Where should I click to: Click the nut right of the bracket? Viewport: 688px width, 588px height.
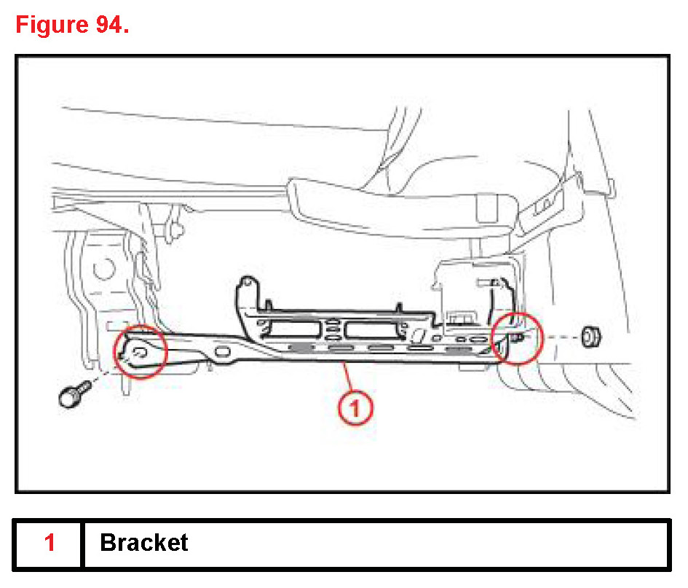(x=590, y=337)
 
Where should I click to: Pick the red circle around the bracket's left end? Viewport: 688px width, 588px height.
(x=141, y=350)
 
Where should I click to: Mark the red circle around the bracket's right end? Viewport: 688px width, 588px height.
(x=517, y=337)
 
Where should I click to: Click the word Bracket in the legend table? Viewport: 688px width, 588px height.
(x=144, y=543)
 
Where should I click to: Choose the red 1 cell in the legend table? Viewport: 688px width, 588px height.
(x=50, y=543)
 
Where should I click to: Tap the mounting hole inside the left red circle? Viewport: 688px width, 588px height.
(x=141, y=353)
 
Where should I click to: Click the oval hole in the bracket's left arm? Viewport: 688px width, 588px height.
(x=225, y=354)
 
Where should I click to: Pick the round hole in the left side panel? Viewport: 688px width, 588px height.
(x=101, y=273)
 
